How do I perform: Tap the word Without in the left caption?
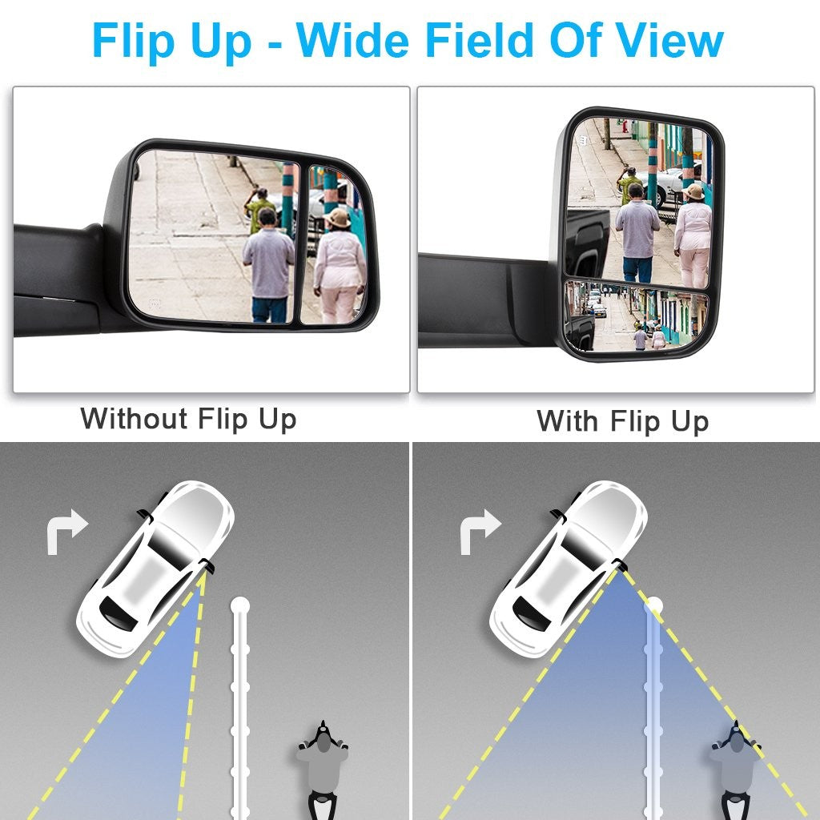click(x=134, y=418)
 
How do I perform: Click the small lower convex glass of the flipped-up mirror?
click(x=636, y=316)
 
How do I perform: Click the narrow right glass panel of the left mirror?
click(x=333, y=245)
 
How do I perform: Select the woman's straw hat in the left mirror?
click(x=337, y=218)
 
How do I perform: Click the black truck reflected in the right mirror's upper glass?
click(x=587, y=242)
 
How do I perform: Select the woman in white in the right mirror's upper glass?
click(x=693, y=236)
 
